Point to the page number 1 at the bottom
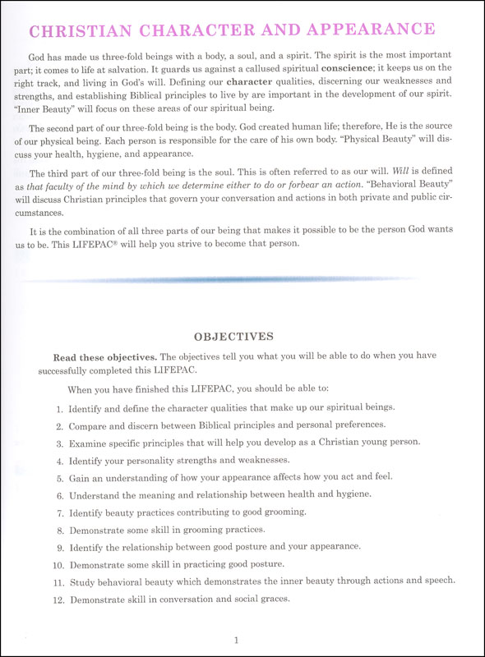pos(235,640)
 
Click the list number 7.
pos(59,512)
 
